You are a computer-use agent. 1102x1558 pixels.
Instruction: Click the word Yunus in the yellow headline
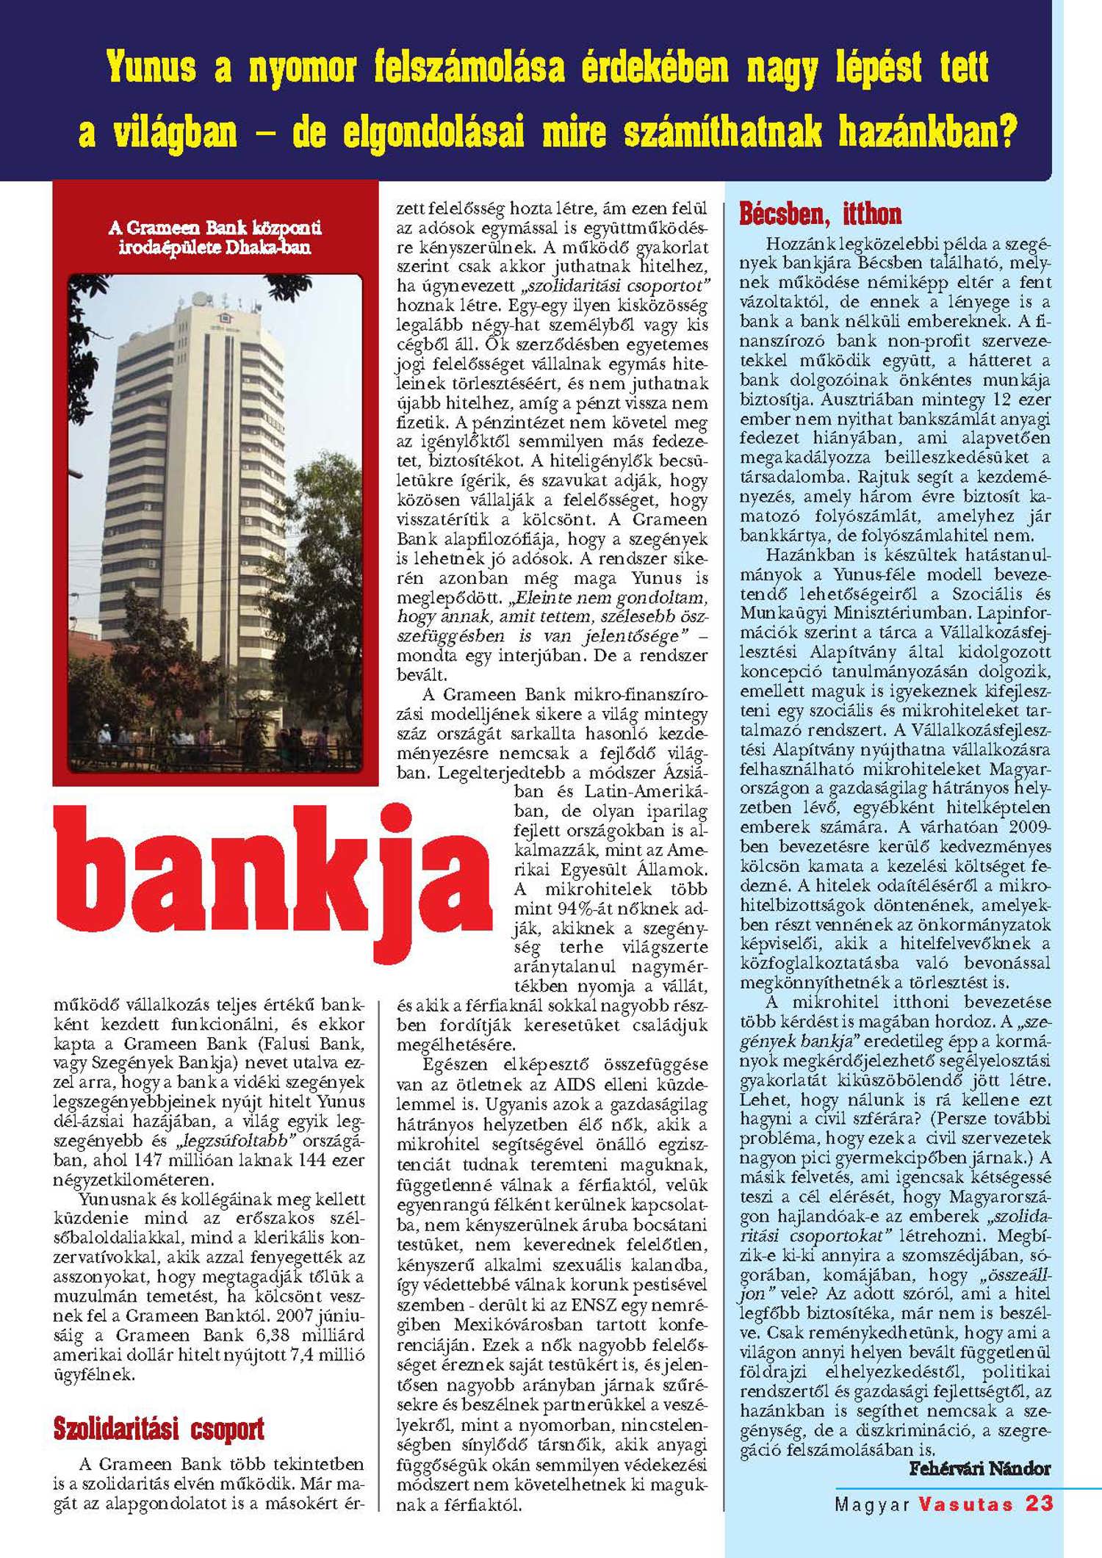coord(151,68)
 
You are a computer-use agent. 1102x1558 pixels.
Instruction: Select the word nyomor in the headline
coord(302,68)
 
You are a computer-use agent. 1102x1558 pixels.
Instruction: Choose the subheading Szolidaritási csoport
coord(159,1429)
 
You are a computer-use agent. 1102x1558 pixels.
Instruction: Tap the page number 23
coord(1039,1503)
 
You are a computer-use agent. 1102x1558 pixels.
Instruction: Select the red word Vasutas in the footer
coord(965,1503)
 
